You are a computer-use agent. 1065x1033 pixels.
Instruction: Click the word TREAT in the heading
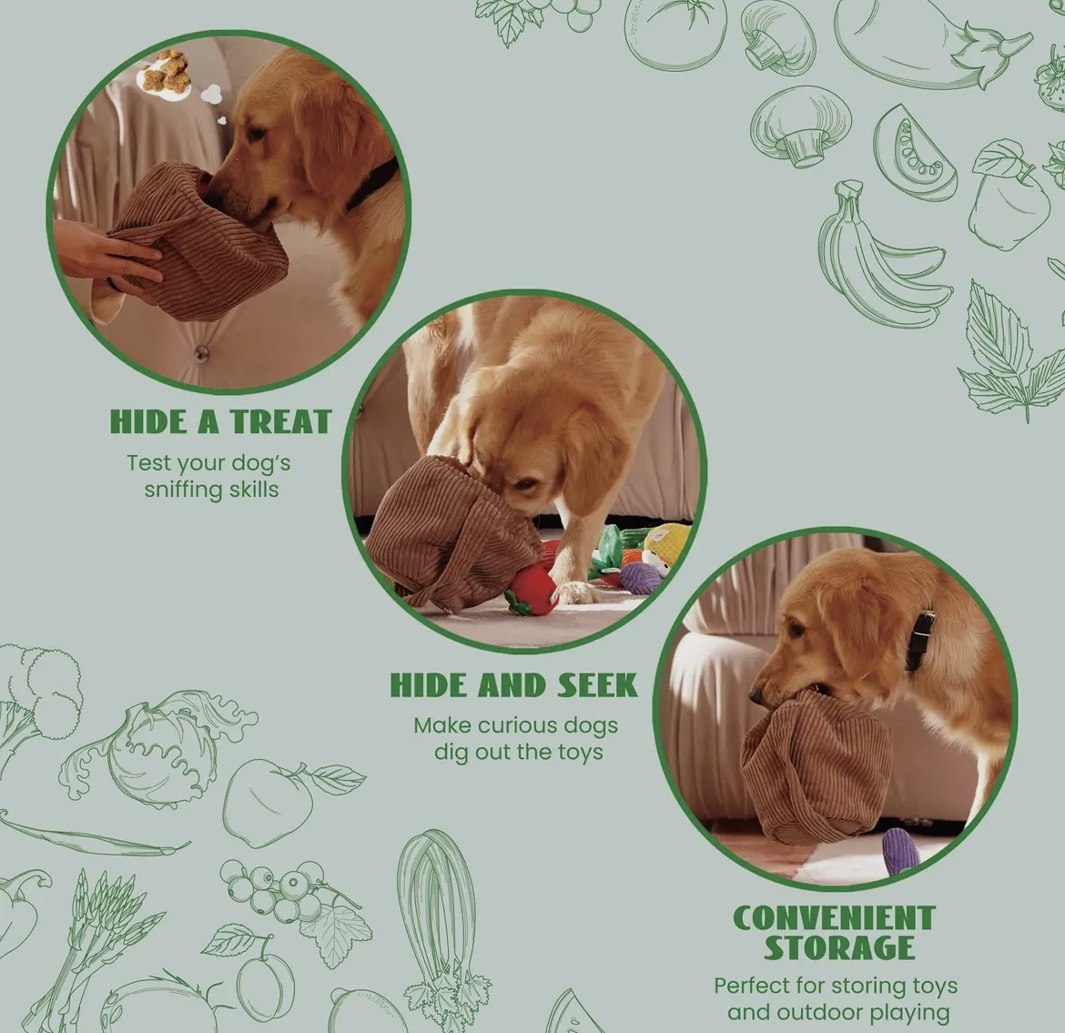279,421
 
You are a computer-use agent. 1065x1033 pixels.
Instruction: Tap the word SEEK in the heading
598,685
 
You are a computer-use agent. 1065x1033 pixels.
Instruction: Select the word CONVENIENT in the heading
834,918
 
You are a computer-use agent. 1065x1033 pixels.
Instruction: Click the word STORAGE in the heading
839,948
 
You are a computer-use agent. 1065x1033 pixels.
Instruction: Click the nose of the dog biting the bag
756,696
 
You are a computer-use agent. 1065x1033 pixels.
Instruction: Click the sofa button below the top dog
201,352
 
